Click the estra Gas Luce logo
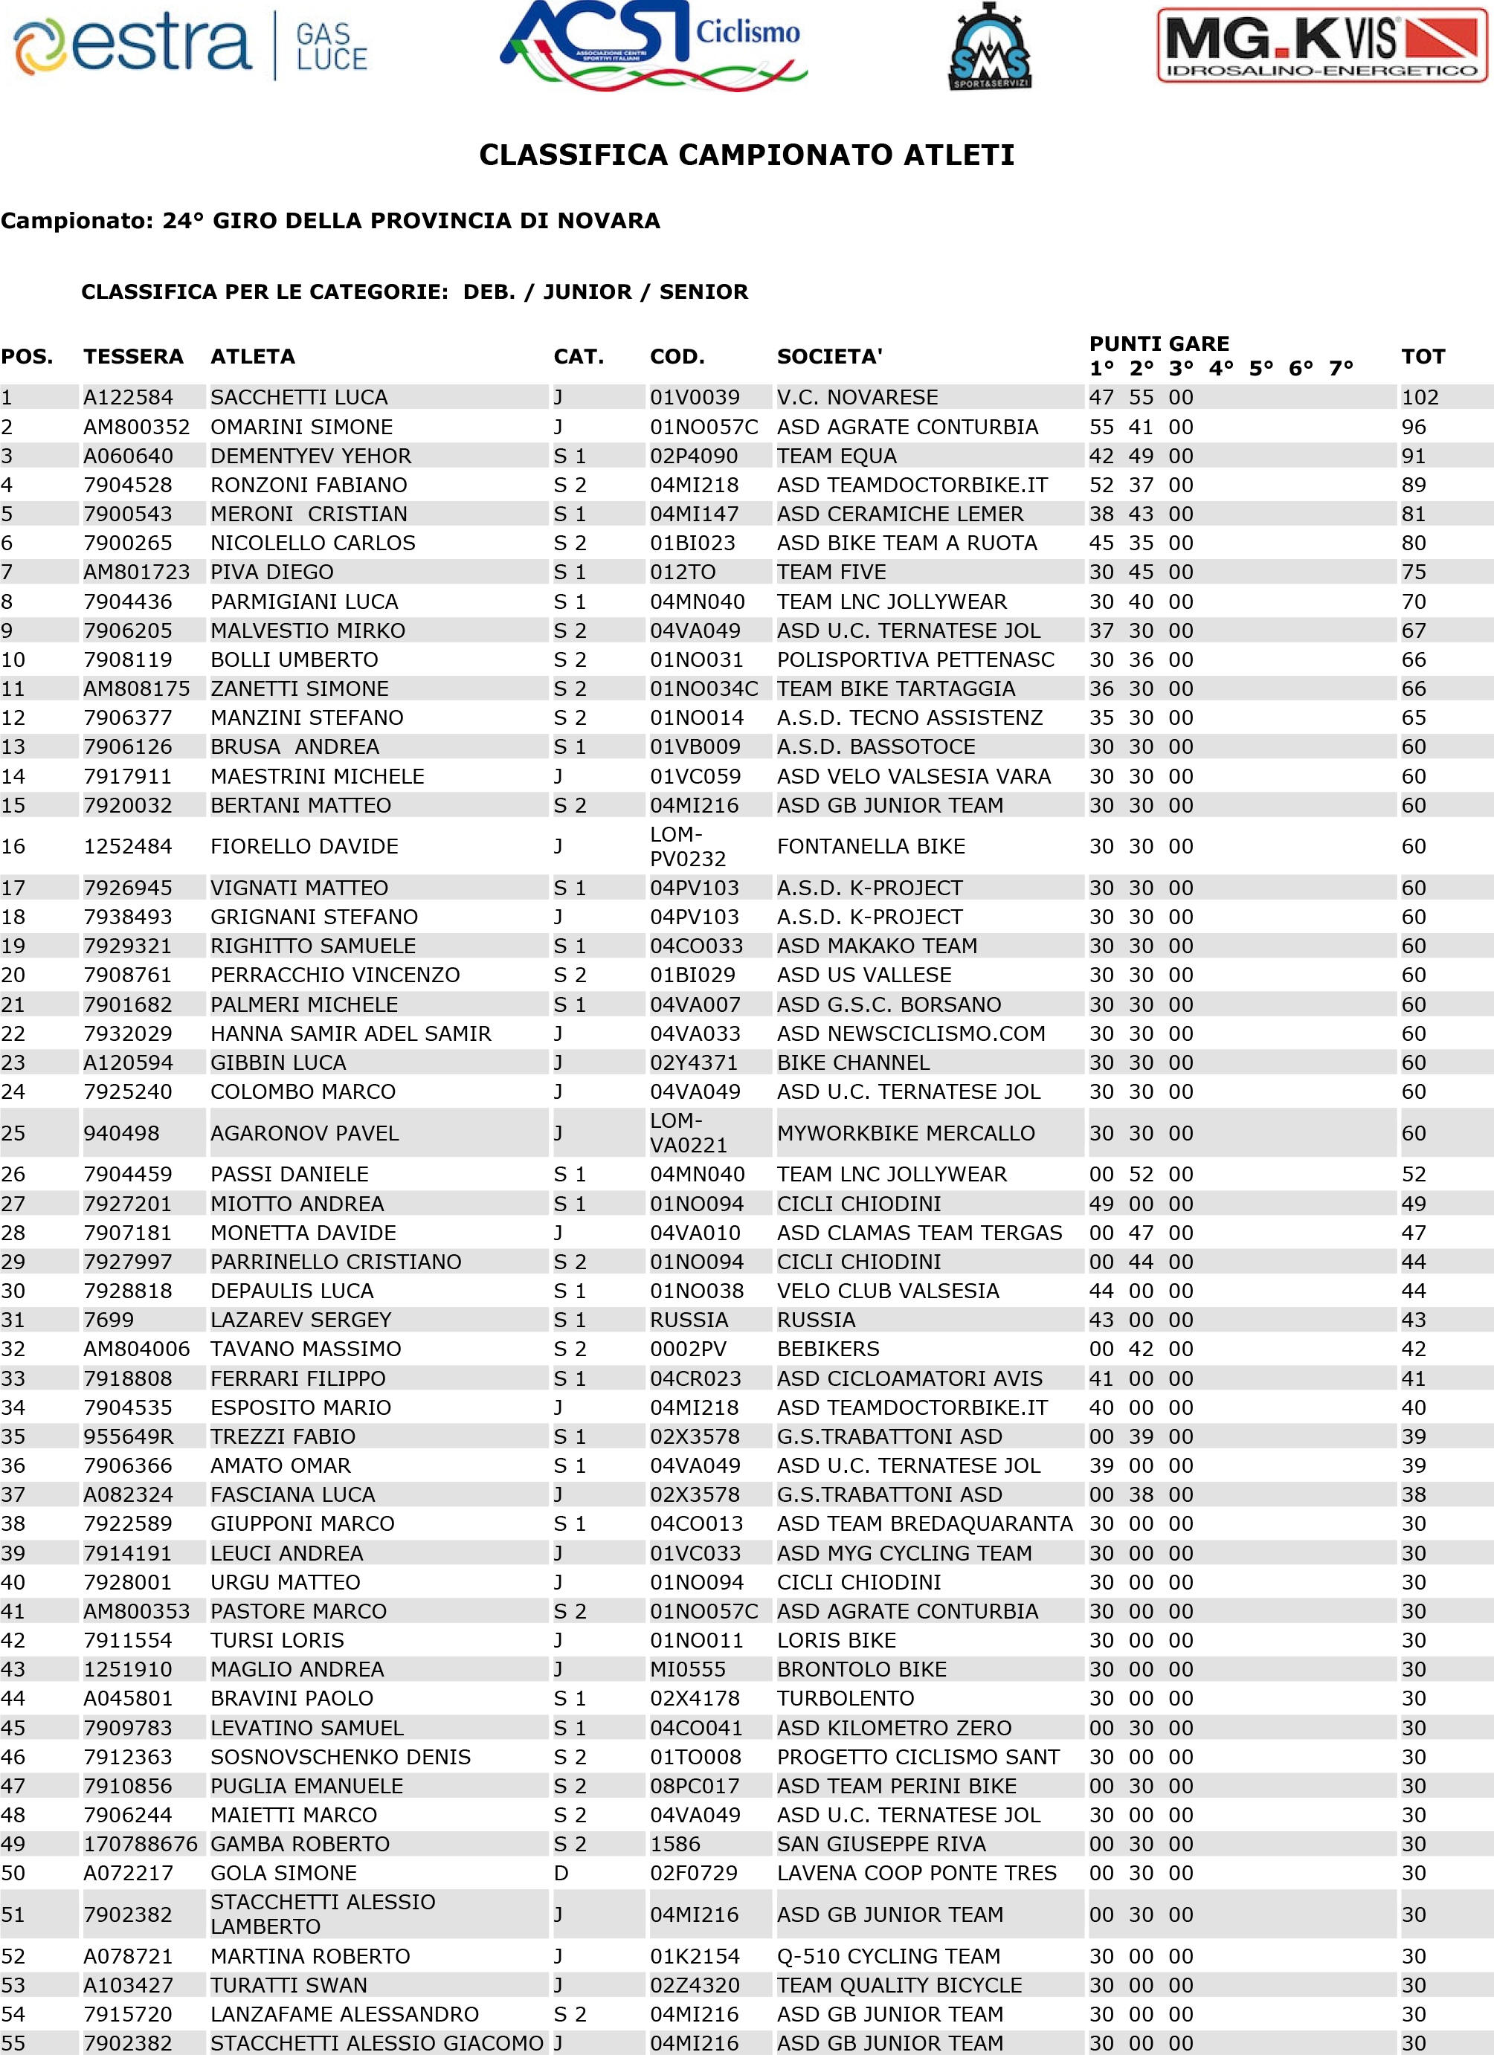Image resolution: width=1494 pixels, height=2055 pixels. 191,45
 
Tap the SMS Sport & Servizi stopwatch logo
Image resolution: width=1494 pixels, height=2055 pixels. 990,47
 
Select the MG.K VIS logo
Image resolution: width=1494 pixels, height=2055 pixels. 1321,46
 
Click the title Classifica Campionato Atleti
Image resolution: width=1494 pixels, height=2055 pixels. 746,155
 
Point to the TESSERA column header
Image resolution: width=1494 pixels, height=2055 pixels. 133,356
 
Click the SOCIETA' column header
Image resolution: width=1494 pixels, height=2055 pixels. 828,356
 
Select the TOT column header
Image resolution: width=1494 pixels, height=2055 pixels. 1423,356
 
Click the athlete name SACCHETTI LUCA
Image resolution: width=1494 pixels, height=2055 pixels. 299,397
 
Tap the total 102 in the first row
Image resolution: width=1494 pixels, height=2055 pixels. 1420,397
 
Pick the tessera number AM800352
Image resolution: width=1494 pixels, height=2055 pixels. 137,427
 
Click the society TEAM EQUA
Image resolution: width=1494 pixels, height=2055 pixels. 837,456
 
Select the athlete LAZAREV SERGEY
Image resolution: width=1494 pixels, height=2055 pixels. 301,1319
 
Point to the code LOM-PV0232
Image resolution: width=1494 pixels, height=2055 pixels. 688,846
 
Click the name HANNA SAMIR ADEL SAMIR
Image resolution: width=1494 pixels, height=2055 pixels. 351,1033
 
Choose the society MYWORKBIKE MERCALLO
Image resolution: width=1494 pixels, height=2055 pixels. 906,1132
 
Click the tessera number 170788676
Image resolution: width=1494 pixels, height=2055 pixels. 141,1844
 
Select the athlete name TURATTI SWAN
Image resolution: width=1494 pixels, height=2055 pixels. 289,1985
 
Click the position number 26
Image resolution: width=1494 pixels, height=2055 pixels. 13,1174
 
